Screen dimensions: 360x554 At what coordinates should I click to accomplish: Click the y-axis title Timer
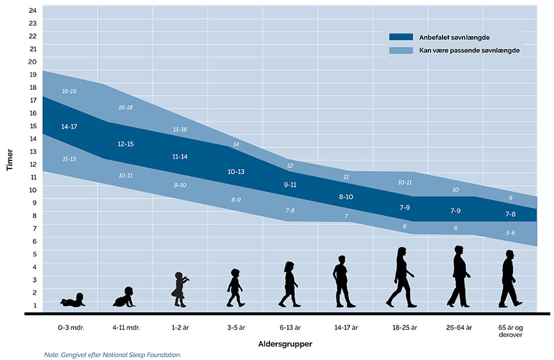click(9, 159)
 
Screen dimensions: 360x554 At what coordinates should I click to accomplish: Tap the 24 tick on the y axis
click(33, 11)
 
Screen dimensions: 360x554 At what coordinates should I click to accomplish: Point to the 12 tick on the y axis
click(33, 164)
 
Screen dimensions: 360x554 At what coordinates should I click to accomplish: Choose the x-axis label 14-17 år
click(345, 327)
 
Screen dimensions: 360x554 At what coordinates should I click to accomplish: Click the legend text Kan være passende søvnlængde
click(469, 51)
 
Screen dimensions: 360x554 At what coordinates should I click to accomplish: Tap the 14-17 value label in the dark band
click(69, 127)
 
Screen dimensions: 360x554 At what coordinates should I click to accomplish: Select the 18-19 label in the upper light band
click(69, 92)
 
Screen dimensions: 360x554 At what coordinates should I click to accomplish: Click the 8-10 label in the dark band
click(346, 197)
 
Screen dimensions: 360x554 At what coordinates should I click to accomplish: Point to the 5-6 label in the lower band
click(511, 233)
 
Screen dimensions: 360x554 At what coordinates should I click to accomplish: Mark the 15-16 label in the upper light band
click(180, 129)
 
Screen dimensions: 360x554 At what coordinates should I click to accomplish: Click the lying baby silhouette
click(73, 301)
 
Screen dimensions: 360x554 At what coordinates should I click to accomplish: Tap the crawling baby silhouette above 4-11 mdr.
click(124, 298)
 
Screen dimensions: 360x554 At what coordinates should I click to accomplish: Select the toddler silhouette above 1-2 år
click(180, 290)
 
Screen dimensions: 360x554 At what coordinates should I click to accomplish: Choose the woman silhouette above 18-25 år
click(401, 277)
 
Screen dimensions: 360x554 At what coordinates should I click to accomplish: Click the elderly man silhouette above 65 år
click(509, 278)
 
